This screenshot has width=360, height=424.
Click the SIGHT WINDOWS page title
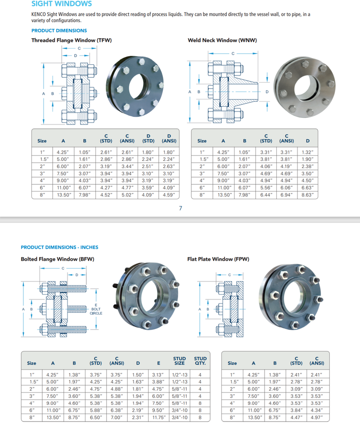pyautogui.click(x=62, y=4)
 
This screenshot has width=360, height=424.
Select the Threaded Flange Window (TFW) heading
pyautogui.click(x=72, y=40)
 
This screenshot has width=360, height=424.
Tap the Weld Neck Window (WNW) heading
pyautogui.click(x=222, y=40)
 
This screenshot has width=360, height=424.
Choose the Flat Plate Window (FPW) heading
pyautogui.click(x=218, y=259)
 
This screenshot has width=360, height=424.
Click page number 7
pyautogui.click(x=180, y=208)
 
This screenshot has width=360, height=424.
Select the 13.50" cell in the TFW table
pyautogui.click(x=63, y=195)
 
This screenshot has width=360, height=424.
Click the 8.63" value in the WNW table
pyautogui.click(x=308, y=195)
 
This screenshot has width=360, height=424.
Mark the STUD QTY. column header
pyautogui.click(x=200, y=361)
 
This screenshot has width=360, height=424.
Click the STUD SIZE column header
pyautogui.click(x=180, y=361)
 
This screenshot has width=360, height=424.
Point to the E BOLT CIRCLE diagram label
pyautogui.click(x=96, y=309)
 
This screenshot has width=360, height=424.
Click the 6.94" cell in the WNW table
pyautogui.click(x=287, y=195)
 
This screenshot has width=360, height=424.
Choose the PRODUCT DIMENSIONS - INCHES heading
pyautogui.click(x=59, y=247)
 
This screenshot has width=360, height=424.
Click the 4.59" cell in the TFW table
pyautogui.click(x=169, y=195)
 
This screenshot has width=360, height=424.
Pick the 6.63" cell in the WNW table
pyautogui.click(x=308, y=187)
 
